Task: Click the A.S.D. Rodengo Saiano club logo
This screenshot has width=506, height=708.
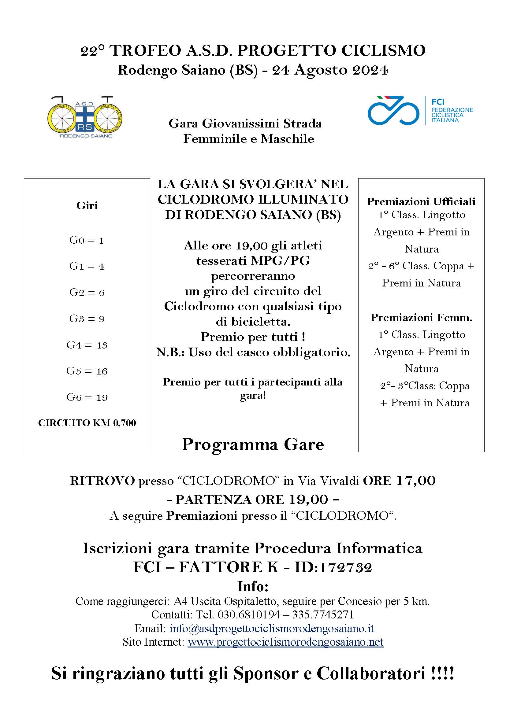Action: coord(85,117)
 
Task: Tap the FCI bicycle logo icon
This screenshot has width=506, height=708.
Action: coord(393,111)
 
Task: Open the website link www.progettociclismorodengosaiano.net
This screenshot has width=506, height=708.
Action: coord(285,642)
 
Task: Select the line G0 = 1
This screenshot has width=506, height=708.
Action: coord(86,240)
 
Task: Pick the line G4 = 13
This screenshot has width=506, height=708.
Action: coord(87,345)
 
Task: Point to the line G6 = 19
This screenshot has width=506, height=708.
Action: coord(87,397)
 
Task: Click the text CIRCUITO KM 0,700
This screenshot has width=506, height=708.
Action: coord(87,423)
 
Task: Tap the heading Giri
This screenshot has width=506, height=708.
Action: coord(87,205)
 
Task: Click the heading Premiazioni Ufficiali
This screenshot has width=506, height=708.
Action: coord(421,201)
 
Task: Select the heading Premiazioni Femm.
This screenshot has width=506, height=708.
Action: coord(421,317)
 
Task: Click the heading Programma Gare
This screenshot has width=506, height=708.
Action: coord(253,444)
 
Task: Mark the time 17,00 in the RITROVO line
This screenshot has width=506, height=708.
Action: coord(416,480)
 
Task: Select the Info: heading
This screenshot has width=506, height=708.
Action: coord(253,586)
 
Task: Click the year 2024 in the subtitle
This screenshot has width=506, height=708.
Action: coord(370,70)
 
